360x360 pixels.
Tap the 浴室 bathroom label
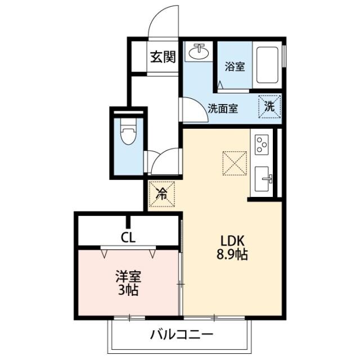[x=235, y=66]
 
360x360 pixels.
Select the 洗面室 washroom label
[x=223, y=109]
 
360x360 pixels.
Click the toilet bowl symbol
[x=129, y=134]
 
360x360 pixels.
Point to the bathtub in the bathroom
[x=267, y=64]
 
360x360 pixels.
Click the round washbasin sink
[x=198, y=52]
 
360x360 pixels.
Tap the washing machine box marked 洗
[x=269, y=106]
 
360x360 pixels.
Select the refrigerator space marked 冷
[x=162, y=195]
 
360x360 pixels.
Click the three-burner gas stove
[x=262, y=145]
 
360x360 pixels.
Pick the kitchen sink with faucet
[x=263, y=179]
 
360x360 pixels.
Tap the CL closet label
[x=129, y=237]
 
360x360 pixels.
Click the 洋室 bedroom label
[x=129, y=277]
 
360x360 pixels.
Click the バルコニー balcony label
[x=181, y=336]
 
